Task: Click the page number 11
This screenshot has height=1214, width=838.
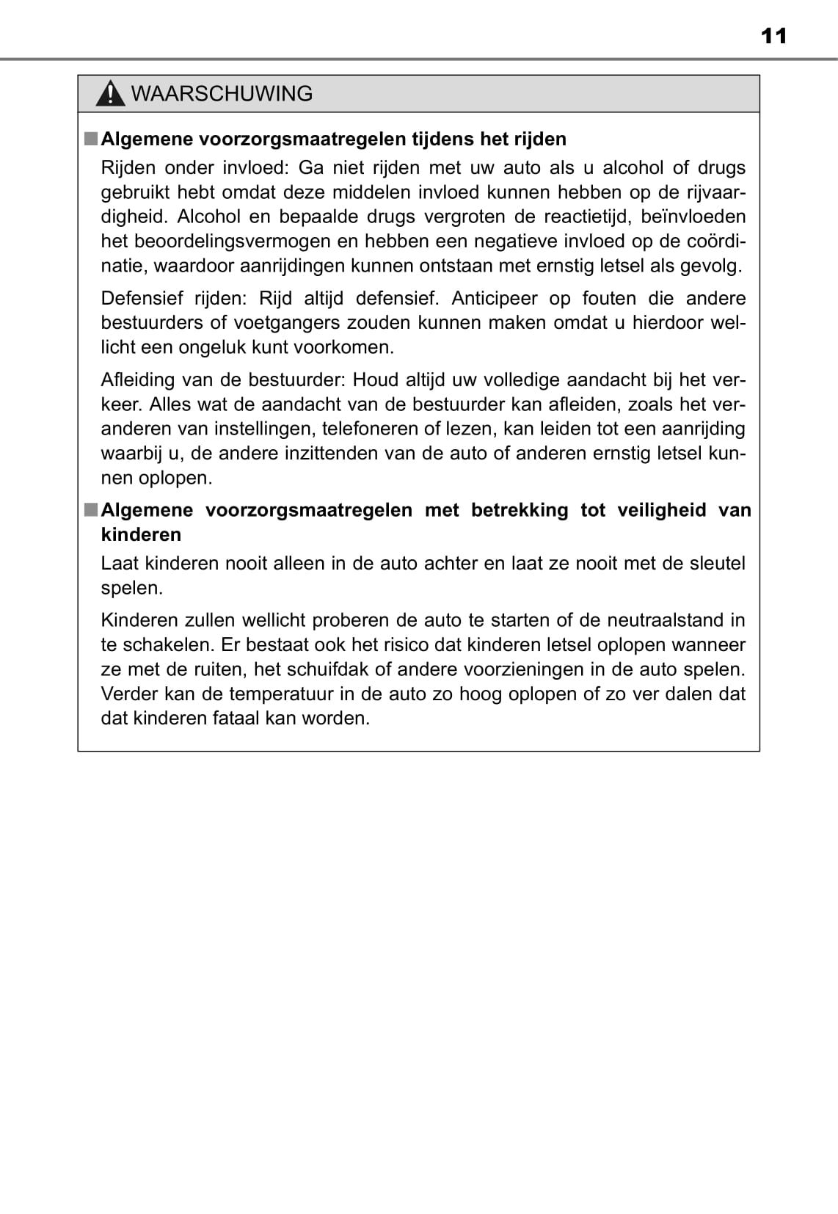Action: tap(773, 36)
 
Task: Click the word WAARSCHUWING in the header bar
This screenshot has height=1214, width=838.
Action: tap(222, 94)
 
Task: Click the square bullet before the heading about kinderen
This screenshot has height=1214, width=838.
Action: tap(90, 509)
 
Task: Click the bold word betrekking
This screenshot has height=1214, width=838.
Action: tap(519, 510)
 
